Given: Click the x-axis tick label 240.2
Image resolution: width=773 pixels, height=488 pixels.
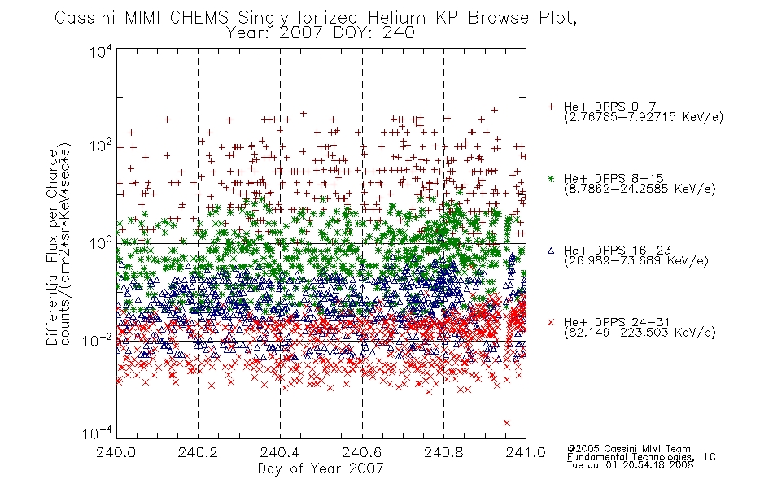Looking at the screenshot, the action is coord(198,452).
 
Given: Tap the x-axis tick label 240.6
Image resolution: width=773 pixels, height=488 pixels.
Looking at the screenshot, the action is coord(362,452).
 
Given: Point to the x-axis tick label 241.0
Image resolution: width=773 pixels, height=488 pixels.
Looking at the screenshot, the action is coord(526,452).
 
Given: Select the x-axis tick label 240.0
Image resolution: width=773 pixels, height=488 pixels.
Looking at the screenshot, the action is coord(116,452).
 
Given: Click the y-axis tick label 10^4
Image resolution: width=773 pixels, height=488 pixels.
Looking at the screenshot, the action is coord(101,51).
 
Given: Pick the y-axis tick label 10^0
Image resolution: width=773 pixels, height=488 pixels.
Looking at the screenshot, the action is coord(101,243).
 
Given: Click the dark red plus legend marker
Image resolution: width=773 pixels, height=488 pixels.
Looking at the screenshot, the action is coord(551,107).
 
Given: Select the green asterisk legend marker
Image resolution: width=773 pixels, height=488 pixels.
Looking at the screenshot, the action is coord(551,178).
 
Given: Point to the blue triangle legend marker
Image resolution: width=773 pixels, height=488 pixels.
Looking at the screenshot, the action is coord(551,251).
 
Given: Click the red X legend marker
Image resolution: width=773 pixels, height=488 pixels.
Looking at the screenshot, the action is coord(551,322).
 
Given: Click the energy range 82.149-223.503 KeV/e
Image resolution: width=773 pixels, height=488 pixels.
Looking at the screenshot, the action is coord(640,332).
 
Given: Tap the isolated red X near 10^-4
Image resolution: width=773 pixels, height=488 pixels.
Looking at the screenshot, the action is coord(507,423).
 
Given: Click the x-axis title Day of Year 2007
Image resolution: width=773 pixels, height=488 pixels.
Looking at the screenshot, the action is coord(321,468).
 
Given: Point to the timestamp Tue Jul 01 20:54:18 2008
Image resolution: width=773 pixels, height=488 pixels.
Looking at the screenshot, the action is coord(630,465).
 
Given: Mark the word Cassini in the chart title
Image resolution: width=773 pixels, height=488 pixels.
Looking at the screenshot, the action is coord(86,18).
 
